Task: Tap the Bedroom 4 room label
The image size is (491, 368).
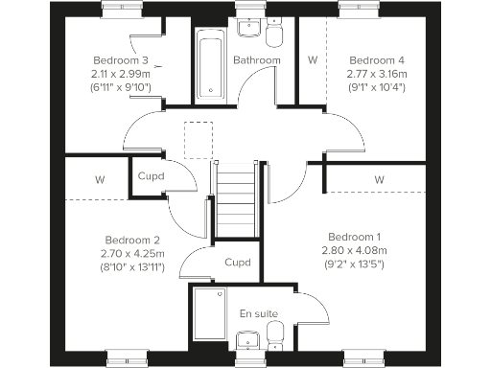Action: point(370,58)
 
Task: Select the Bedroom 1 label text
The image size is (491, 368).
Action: point(355,237)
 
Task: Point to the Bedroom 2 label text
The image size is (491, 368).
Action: point(130,240)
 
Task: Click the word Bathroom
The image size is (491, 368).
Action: point(257,60)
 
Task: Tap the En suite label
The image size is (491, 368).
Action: point(258,313)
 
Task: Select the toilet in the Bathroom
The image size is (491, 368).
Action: point(276,37)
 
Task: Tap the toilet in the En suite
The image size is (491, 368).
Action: point(276,334)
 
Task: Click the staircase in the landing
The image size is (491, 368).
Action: point(236,201)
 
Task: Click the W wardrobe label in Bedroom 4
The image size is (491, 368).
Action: point(312,59)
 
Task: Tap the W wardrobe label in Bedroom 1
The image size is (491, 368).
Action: point(379,179)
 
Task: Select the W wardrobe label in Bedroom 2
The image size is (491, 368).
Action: point(100,179)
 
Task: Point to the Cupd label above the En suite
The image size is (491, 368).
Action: point(237,262)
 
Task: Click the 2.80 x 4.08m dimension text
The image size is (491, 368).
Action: point(355,250)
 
